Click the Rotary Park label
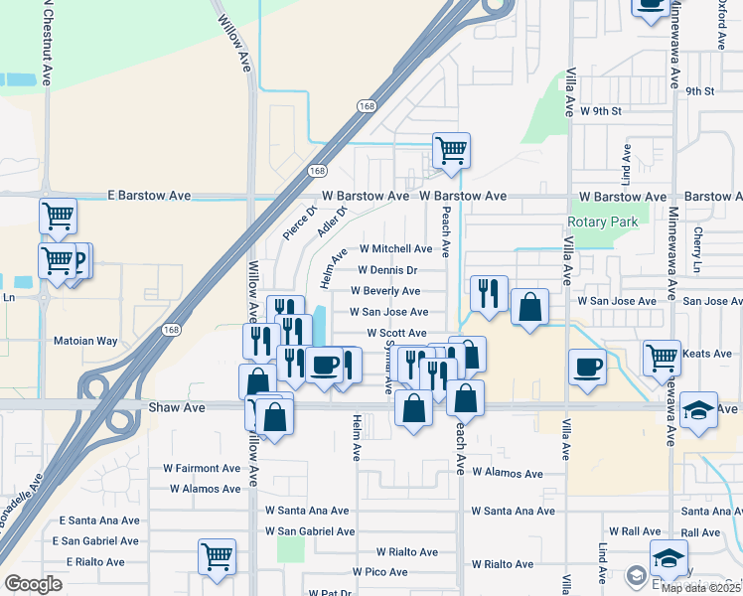pyautogui.click(x=603, y=223)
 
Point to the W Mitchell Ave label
pyautogui.click(x=395, y=249)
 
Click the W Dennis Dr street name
pyautogui.click(x=387, y=270)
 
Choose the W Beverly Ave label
pyautogui.click(x=385, y=291)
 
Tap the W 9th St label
pyautogui.click(x=600, y=111)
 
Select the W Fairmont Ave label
pyautogui.click(x=203, y=468)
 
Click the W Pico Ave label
pyautogui.click(x=380, y=572)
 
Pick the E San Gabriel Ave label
pyautogui.click(x=99, y=541)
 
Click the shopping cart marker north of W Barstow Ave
pyautogui.click(x=451, y=151)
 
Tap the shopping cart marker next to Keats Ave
pyautogui.click(x=661, y=357)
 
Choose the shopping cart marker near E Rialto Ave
pyautogui.click(x=217, y=556)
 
